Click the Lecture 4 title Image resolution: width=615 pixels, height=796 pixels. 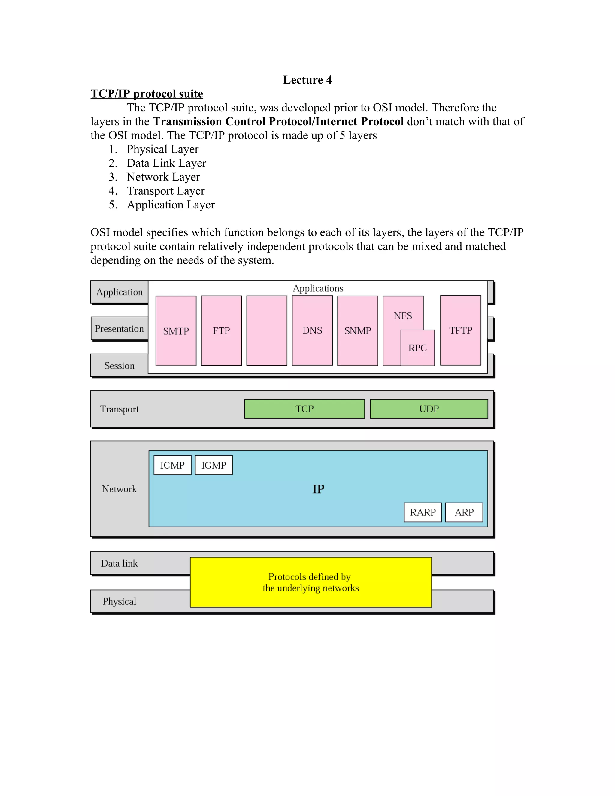[x=307, y=80]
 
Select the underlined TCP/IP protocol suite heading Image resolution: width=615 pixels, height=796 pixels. [x=147, y=94]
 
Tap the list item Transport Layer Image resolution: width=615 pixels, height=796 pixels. [x=165, y=191]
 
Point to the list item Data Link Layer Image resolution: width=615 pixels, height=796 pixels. [x=166, y=163]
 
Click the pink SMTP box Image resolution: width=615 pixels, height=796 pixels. [x=176, y=331]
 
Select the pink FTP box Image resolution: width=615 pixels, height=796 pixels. [x=221, y=331]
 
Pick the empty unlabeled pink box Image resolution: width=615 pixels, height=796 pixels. [x=267, y=331]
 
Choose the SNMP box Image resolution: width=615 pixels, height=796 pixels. [x=357, y=331]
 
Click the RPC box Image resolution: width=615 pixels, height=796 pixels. [x=417, y=348]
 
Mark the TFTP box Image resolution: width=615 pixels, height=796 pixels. [x=461, y=330]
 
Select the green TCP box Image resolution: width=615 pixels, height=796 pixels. [x=304, y=409]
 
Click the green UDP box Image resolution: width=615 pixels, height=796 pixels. [x=429, y=409]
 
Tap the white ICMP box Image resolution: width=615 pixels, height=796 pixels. [x=172, y=465]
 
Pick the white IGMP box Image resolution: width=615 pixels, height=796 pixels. [x=214, y=465]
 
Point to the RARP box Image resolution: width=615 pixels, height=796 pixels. [x=423, y=512]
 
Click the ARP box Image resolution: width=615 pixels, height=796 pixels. [x=464, y=512]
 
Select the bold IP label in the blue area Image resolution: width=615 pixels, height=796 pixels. [x=318, y=489]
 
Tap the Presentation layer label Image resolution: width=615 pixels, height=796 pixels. [x=119, y=329]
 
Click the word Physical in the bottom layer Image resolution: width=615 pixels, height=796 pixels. [x=119, y=601]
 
